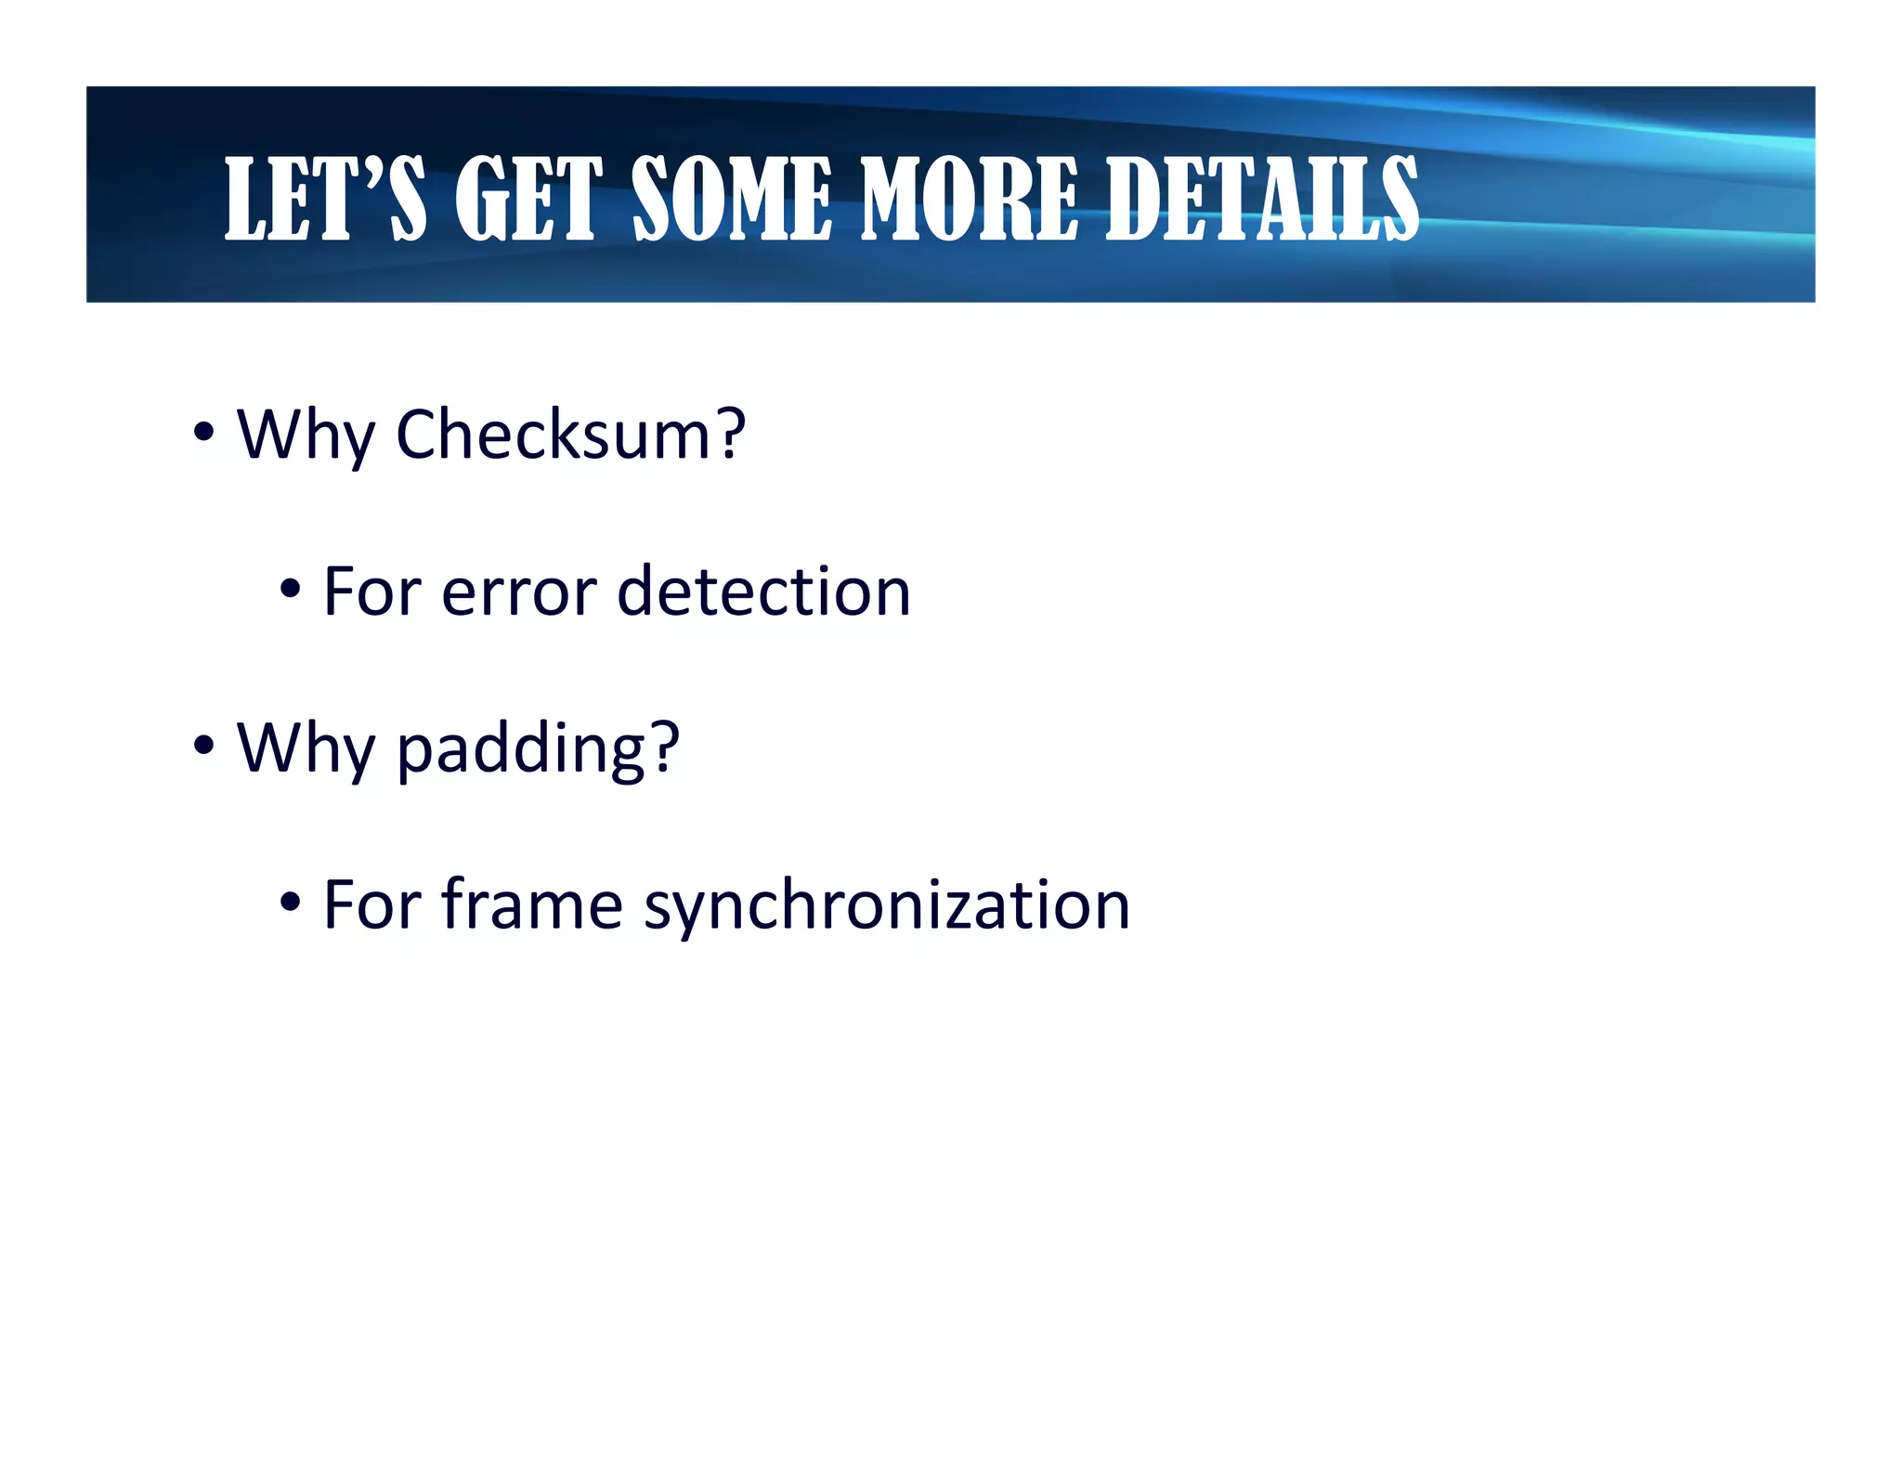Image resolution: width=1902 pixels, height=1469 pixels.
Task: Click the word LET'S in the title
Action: (x=325, y=198)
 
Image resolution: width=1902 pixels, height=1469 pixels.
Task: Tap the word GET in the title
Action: (x=528, y=198)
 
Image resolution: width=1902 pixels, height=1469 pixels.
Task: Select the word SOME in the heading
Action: (x=732, y=198)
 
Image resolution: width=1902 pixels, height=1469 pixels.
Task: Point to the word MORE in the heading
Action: (x=970, y=198)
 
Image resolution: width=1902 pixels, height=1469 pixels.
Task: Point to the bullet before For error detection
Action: (x=290, y=589)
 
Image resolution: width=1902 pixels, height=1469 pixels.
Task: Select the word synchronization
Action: (x=887, y=905)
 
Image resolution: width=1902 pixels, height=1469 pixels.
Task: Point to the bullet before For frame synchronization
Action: (x=290, y=902)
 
